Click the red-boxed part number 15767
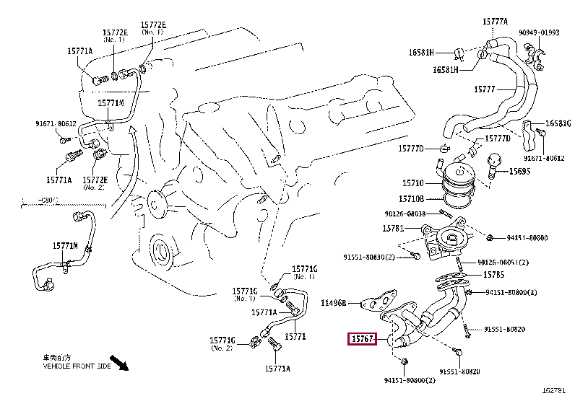pos(362,339)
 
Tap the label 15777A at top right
pos(495,22)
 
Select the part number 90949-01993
pos(541,32)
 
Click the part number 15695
pos(519,172)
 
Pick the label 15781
pos(395,229)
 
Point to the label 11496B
pos(334,303)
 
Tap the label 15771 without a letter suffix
pos(294,337)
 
